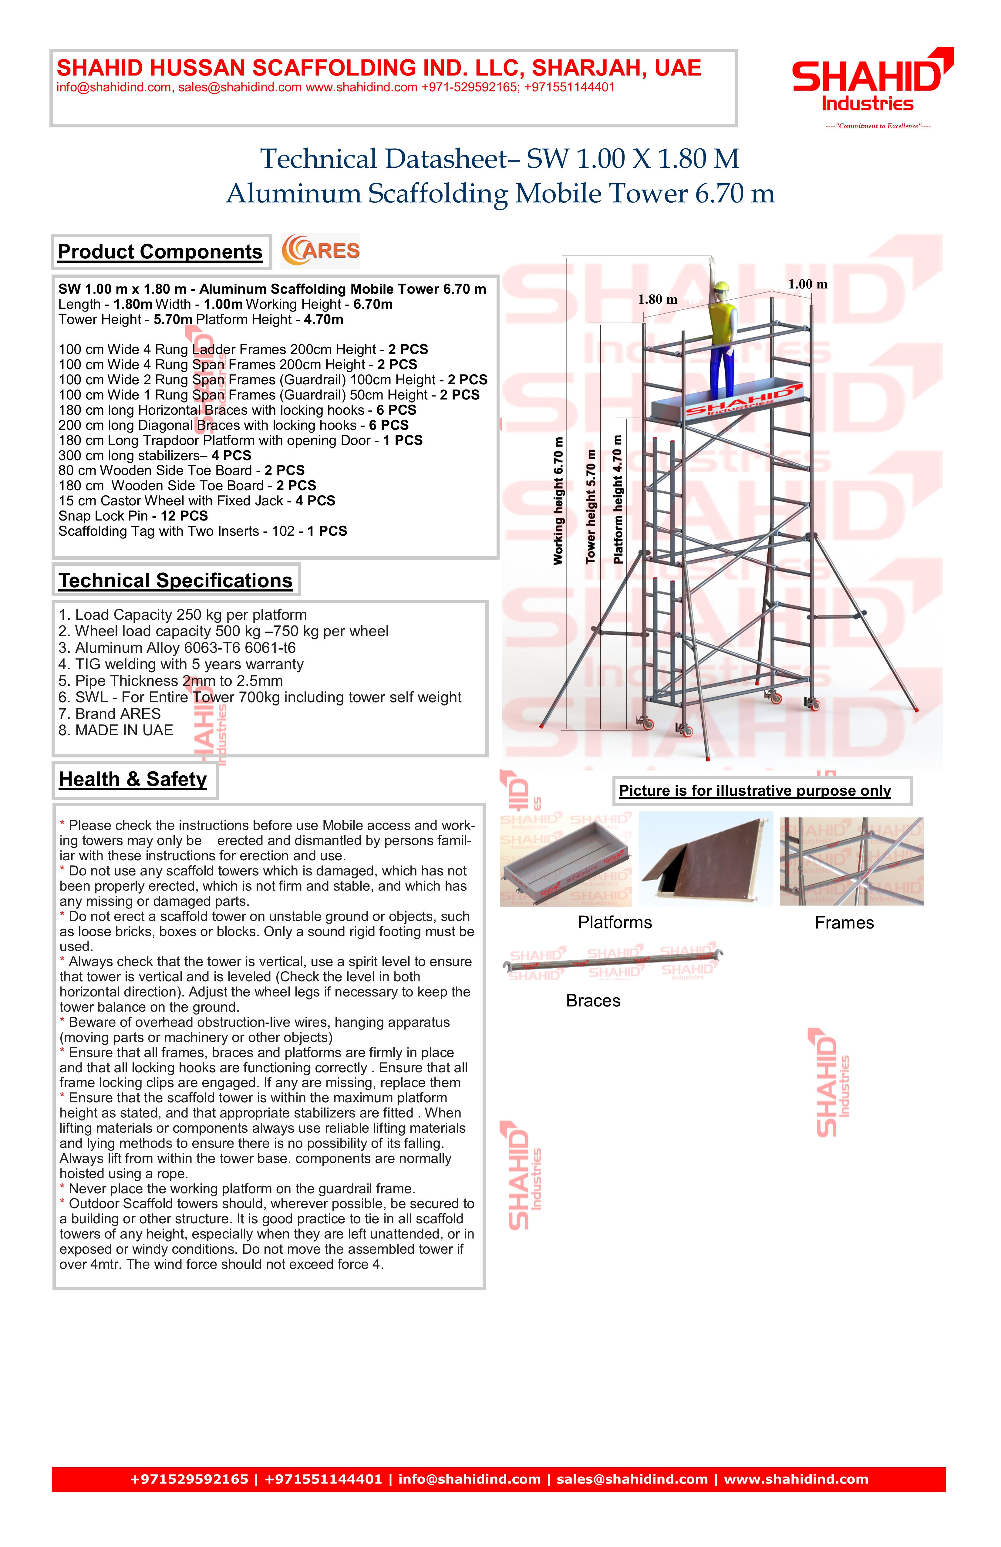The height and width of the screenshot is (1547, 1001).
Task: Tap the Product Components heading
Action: (x=160, y=251)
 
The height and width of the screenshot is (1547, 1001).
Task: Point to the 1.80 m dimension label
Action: (x=657, y=300)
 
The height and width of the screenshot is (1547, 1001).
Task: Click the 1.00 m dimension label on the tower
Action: (x=807, y=284)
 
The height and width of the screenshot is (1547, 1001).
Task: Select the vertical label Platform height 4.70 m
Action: (x=618, y=499)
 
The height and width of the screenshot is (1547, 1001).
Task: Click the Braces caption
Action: (x=593, y=1000)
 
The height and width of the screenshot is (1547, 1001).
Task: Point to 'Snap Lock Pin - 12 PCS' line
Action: (x=133, y=516)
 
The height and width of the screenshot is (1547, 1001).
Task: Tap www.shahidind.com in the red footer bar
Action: (x=796, y=1479)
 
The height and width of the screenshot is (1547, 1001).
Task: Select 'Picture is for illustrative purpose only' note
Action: (x=755, y=790)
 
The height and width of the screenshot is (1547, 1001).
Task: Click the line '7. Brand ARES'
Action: (x=109, y=714)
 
